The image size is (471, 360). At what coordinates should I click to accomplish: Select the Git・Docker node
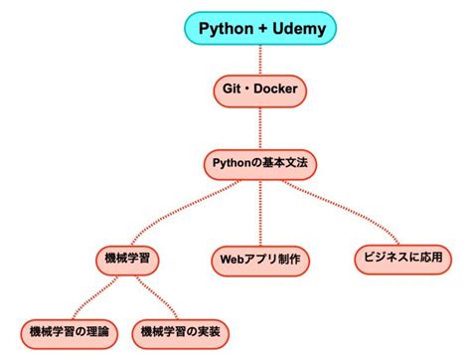259,90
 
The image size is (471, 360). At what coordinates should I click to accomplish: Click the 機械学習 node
127,259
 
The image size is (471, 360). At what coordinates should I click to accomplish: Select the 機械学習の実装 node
181,329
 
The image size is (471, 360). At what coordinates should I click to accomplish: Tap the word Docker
276,90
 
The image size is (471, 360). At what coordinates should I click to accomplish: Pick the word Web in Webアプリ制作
231,261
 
